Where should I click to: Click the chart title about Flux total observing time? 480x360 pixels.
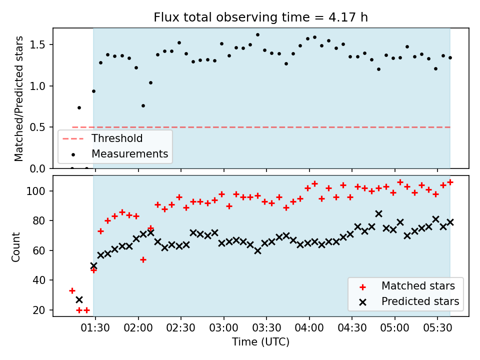[260, 17]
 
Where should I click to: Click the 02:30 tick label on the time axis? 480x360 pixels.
[180, 328]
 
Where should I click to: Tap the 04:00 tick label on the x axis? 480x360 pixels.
[309, 328]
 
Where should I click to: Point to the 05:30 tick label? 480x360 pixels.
[437, 328]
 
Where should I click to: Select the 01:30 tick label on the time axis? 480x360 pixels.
[95, 328]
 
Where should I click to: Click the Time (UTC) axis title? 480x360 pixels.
[260, 342]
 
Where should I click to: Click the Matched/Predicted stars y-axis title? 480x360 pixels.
[18, 98]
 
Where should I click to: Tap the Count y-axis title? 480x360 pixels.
[15, 246]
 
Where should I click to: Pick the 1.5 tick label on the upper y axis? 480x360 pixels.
[37, 44]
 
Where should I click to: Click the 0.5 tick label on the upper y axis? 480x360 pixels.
[37, 127]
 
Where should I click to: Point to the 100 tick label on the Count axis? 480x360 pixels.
[36, 191]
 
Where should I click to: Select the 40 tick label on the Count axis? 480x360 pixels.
[39, 280]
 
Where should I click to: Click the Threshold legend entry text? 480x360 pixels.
[117, 138]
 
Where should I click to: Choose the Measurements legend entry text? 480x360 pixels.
[130, 153]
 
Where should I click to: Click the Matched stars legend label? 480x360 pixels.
[418, 286]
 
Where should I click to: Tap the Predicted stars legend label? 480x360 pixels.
[420, 301]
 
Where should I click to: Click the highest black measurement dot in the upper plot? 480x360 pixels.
[257, 35]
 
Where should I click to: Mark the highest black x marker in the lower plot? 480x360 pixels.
[378, 213]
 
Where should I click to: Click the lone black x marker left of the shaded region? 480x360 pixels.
[79, 299]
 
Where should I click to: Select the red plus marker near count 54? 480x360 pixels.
[143, 260]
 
